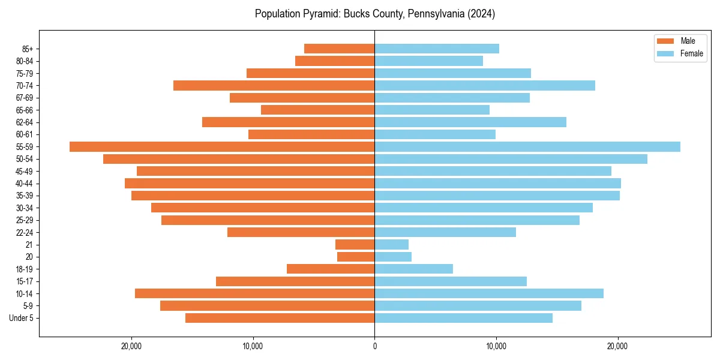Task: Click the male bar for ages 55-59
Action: pyautogui.click(x=222, y=147)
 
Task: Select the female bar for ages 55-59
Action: pyautogui.click(x=527, y=147)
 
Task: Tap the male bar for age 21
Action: pyautogui.click(x=355, y=245)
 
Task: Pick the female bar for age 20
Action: pyautogui.click(x=393, y=257)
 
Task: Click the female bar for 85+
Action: pyautogui.click(x=437, y=49)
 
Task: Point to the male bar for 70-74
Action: pyautogui.click(x=274, y=86)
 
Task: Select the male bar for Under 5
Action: pyautogui.click(x=280, y=318)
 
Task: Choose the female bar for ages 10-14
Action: pyautogui.click(x=489, y=293)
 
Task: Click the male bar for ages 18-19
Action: pyautogui.click(x=331, y=269)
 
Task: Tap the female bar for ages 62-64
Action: pyautogui.click(x=470, y=122)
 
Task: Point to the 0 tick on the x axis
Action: pyautogui.click(x=374, y=346)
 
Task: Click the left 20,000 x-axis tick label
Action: pyautogui.click(x=131, y=346)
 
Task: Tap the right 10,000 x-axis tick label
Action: pyautogui.click(x=496, y=346)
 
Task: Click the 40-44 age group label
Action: pyautogui.click(x=25, y=184)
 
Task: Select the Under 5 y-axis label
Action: pyautogui.click(x=22, y=318)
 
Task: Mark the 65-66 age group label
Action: pyautogui.click(x=25, y=110)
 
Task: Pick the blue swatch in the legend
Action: pyautogui.click(x=665, y=53)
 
